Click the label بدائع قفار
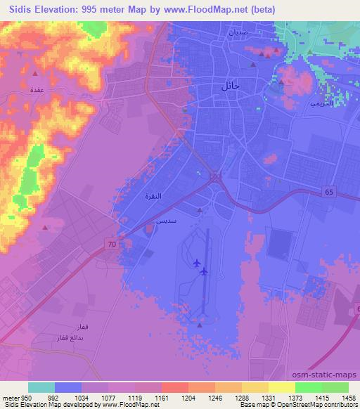pos(77,339)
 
